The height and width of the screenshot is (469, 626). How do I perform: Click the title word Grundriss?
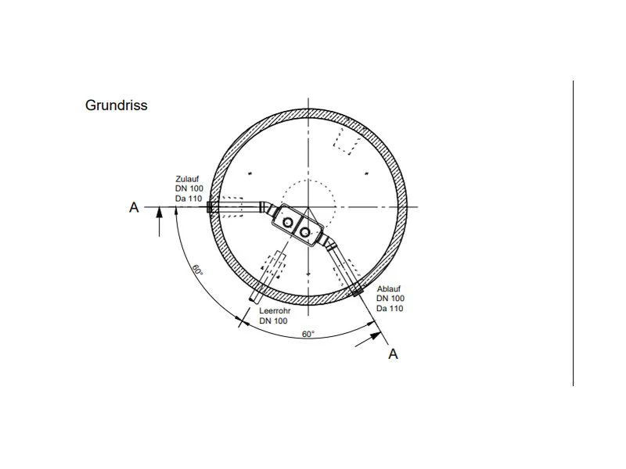(x=116, y=106)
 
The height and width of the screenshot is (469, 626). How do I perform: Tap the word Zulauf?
(x=187, y=179)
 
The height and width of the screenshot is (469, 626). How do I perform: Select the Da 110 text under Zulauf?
(x=189, y=199)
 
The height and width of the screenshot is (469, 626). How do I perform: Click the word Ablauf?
(x=388, y=288)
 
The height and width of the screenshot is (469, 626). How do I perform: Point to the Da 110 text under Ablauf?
(x=390, y=308)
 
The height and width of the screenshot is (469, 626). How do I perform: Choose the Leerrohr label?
(x=275, y=310)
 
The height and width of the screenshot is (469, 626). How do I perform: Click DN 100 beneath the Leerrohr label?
(x=273, y=320)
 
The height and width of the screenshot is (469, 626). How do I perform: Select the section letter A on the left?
(x=134, y=207)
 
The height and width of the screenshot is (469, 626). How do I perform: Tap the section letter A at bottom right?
(x=394, y=354)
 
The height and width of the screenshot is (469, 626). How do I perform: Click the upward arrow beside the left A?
(x=160, y=222)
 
